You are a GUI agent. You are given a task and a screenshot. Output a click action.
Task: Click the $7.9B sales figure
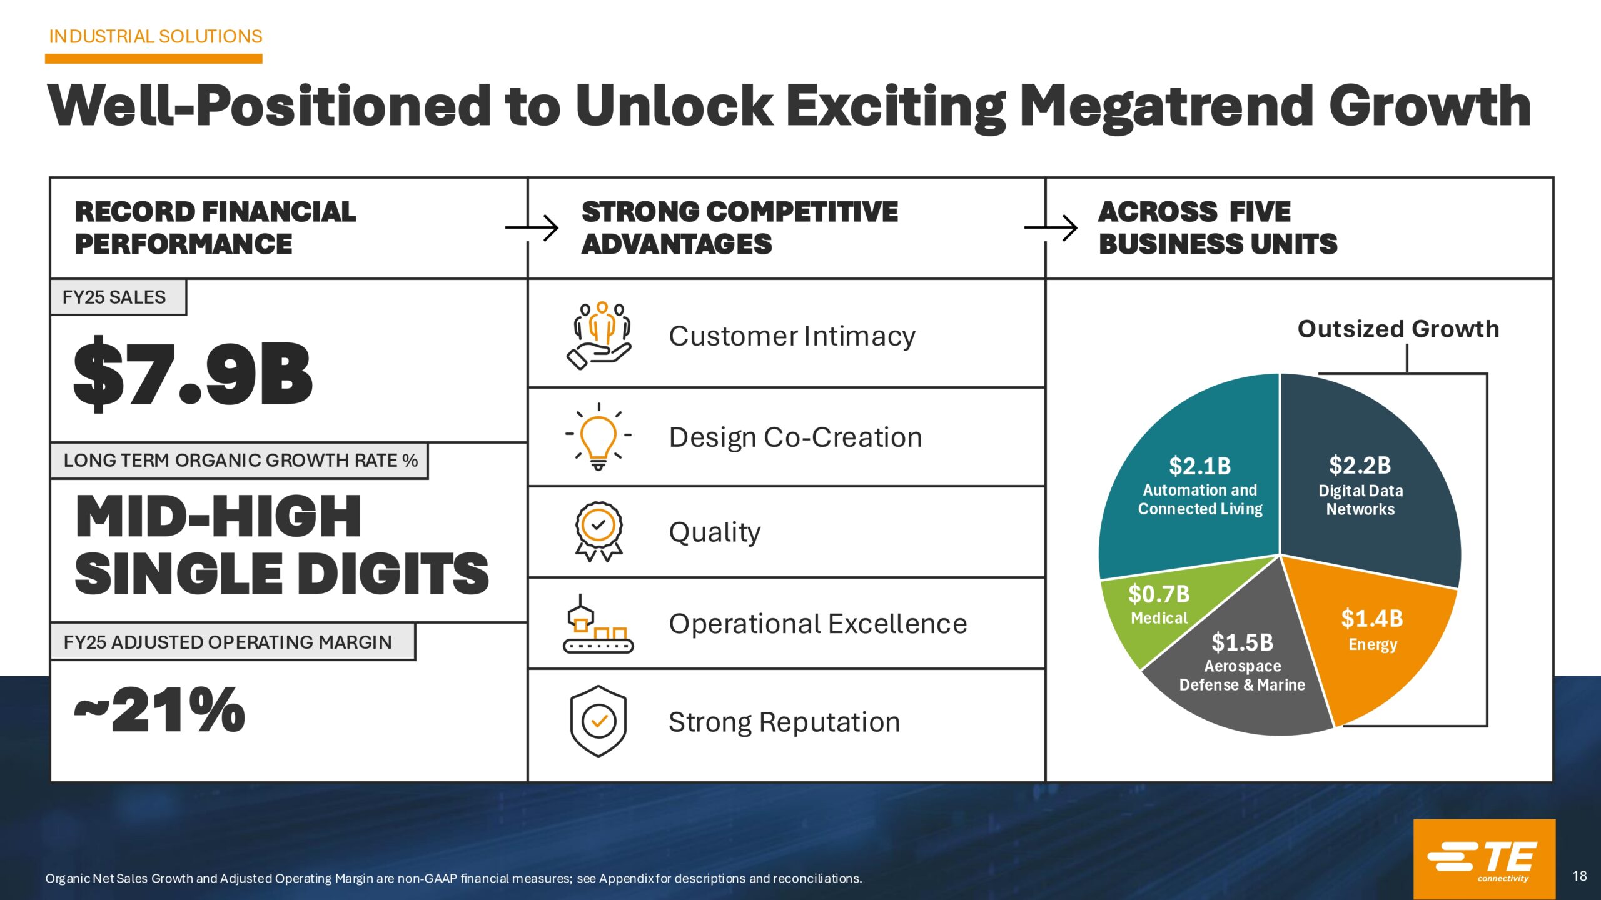pos(193,374)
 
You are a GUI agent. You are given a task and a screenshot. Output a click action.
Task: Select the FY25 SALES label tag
pos(118,297)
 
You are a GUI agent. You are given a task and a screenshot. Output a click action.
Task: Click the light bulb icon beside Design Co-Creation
pos(598,437)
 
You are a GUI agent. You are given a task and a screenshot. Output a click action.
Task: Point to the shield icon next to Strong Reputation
pos(598,721)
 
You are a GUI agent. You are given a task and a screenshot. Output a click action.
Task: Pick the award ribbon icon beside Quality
pos(598,532)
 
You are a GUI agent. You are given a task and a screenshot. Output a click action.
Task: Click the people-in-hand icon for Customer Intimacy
pos(598,336)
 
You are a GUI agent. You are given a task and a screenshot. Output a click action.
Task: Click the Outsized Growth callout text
pos(1398,329)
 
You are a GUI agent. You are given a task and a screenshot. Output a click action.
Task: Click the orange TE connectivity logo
pos(1484,859)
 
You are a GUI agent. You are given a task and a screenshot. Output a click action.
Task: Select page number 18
pos(1579,876)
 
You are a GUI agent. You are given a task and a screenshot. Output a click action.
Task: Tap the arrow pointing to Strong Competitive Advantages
pos(532,227)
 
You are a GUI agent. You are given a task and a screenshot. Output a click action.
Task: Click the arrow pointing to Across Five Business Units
pos(1051,227)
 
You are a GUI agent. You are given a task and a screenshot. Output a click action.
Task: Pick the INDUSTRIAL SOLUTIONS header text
pos(156,37)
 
